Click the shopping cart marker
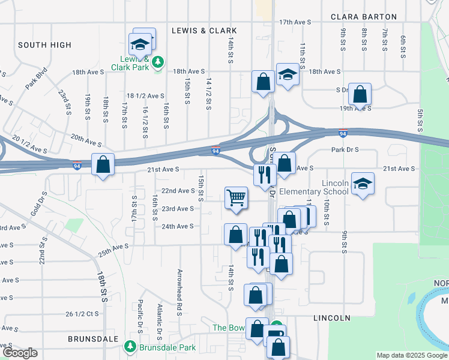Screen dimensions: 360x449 pyautogui.click(x=237, y=197)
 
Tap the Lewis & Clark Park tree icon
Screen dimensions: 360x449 pyautogui.click(x=157, y=61)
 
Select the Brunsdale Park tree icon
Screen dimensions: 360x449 pyautogui.click(x=130, y=347)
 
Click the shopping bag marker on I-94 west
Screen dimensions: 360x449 pyautogui.click(x=103, y=164)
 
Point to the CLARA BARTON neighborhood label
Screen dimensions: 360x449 pyautogui.click(x=364, y=17)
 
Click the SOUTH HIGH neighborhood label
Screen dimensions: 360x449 pyautogui.click(x=44, y=45)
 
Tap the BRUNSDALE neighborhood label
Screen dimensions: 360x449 pyautogui.click(x=93, y=338)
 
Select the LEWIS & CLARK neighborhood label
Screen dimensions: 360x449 pyautogui.click(x=204, y=30)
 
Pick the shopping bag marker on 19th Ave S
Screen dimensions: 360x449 pyautogui.click(x=360, y=94)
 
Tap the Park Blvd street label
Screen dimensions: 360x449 pyautogui.click(x=36, y=81)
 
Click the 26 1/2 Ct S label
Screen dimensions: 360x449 pyautogui.click(x=82, y=314)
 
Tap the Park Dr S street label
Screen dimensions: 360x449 pyautogui.click(x=345, y=149)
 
